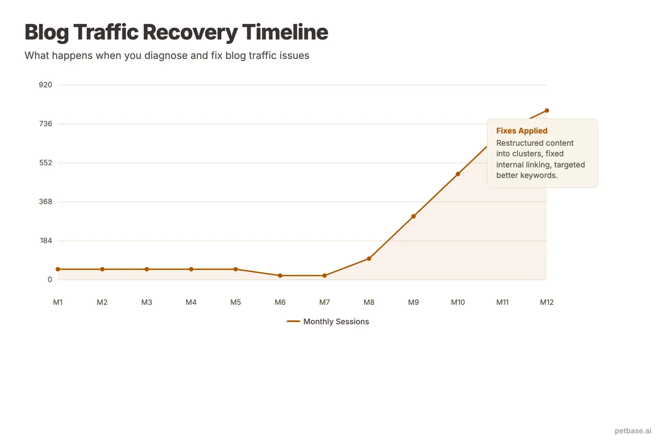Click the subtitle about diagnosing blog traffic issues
pos(167,56)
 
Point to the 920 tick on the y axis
pos(46,85)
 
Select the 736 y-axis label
pos(46,123)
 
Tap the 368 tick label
pos(46,201)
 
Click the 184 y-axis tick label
pos(46,240)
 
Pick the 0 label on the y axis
pos(49,279)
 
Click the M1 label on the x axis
pos(58,303)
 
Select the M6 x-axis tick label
pos(280,303)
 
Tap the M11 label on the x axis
pos(502,303)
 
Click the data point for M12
pos(547,110)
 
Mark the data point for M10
pos(458,174)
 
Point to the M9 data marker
pos(414,216)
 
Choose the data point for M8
pos(369,259)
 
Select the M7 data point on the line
pos(325,275)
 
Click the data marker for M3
pos(147,269)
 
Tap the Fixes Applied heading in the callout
pos(522,131)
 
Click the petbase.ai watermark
pos(633,431)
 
